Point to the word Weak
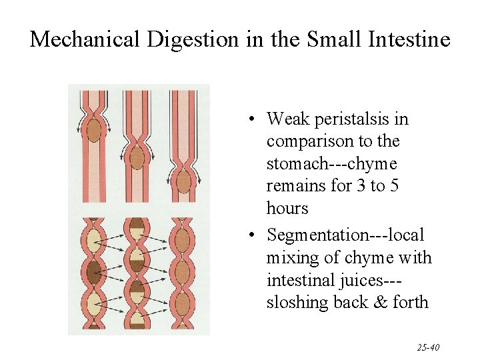click(285, 119)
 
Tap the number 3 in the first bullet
click(360, 186)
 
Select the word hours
click(287, 209)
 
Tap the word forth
click(411, 303)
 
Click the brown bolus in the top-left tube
click(94, 128)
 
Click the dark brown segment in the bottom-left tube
click(94, 271)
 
